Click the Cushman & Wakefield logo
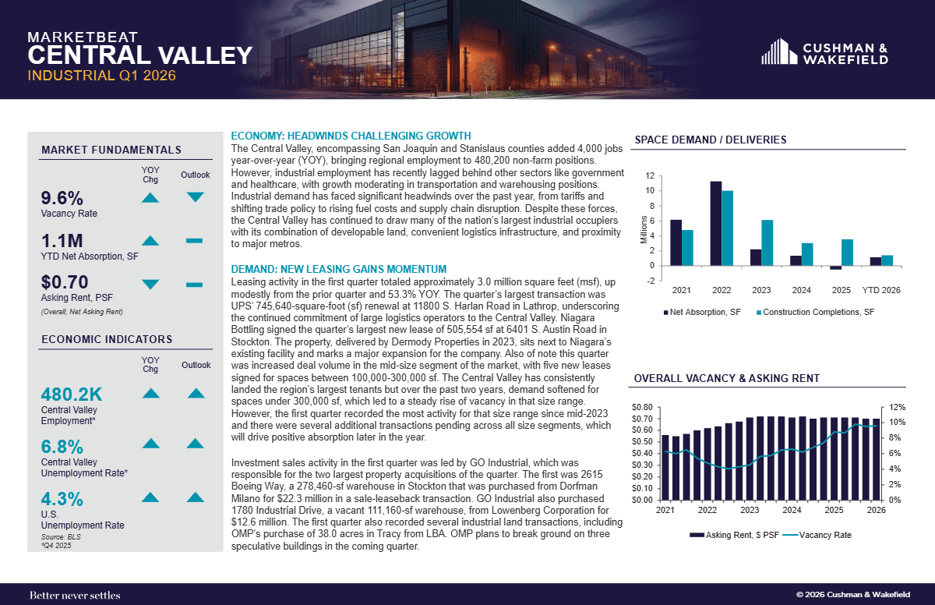[824, 51]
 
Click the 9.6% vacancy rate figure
[62, 198]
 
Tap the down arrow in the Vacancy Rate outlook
[195, 197]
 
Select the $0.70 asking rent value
[64, 282]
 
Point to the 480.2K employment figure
[72, 394]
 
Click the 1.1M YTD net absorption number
[62, 241]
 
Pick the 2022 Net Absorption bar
[715, 224]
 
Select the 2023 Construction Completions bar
[767, 242]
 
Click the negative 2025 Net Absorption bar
[835, 267]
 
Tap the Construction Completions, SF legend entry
[815, 313]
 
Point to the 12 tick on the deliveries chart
[650, 175]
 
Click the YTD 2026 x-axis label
[881, 290]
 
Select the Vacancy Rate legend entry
[817, 535]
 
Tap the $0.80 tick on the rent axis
[642, 407]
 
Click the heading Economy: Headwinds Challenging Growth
[351, 136]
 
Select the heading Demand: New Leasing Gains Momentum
[338, 269]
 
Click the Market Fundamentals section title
[111, 150]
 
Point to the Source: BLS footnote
[61, 537]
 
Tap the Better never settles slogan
[75, 595]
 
